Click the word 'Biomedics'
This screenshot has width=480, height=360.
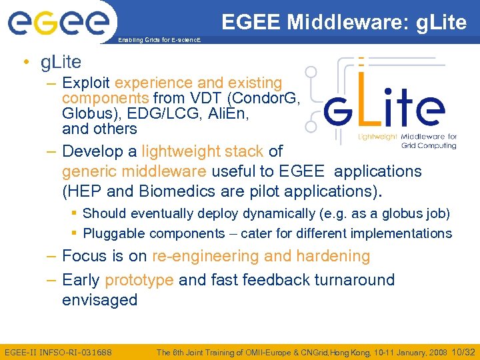click(x=180, y=192)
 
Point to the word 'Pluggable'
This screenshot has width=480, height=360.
click(x=113, y=234)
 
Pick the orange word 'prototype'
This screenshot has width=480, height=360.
click(x=139, y=280)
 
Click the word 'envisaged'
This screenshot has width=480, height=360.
click(x=99, y=300)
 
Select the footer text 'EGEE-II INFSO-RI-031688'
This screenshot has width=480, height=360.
click(x=58, y=351)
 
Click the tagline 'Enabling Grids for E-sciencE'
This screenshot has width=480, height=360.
click(x=158, y=41)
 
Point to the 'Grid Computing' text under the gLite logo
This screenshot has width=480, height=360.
click(x=429, y=145)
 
